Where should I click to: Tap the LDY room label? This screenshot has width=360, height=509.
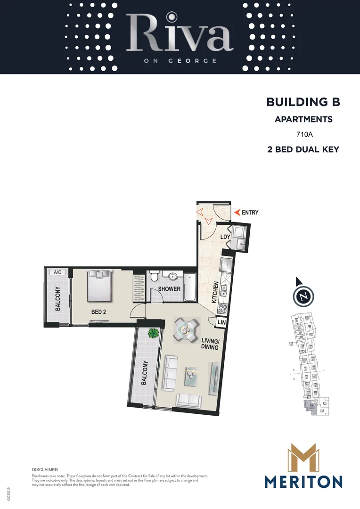click(x=224, y=237)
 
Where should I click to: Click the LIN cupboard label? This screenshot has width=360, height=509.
click(x=221, y=322)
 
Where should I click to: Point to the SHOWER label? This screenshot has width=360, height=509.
click(x=169, y=288)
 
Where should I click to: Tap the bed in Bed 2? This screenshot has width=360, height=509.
click(x=100, y=285)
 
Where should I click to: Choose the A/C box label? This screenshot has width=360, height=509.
click(x=58, y=272)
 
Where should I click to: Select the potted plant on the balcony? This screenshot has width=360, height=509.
click(x=153, y=333)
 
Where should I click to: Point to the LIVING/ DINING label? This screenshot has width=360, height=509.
click(x=209, y=344)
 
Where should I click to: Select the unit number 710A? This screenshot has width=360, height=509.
click(x=304, y=134)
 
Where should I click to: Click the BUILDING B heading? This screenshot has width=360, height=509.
click(x=303, y=102)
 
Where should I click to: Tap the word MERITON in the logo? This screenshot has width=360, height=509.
click(x=303, y=482)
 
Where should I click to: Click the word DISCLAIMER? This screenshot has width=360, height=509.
click(x=45, y=470)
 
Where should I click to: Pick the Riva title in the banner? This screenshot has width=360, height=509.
click(x=180, y=34)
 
